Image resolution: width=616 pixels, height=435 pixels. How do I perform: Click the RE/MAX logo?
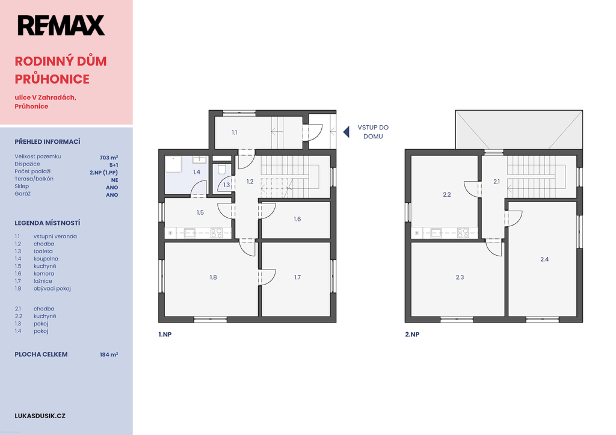(x=61, y=25)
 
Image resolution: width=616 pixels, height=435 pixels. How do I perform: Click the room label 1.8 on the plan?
(x=214, y=277)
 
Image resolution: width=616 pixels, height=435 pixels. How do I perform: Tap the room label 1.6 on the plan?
(x=297, y=219)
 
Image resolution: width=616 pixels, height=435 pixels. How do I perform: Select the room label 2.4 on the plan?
(x=544, y=259)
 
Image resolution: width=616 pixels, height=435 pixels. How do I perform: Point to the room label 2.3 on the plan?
(x=460, y=277)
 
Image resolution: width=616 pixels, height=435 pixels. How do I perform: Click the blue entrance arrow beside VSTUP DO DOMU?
(x=346, y=132)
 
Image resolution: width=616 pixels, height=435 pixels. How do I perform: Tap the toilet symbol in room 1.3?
(x=221, y=169)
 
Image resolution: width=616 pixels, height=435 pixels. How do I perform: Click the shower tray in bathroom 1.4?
(x=173, y=165)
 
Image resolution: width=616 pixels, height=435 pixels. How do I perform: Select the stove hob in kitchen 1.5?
(x=217, y=233)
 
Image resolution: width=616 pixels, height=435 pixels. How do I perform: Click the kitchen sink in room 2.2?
(x=436, y=233)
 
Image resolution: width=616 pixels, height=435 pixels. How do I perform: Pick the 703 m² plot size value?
(x=109, y=158)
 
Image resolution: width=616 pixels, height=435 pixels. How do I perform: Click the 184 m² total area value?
(x=109, y=354)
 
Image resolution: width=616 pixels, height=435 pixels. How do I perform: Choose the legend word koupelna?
(x=46, y=259)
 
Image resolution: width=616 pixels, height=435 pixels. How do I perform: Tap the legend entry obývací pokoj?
(x=52, y=288)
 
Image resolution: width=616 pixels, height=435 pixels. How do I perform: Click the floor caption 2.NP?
(x=412, y=335)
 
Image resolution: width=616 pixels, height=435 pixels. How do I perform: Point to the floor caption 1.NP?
(x=165, y=335)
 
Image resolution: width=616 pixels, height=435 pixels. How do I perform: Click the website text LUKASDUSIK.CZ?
(x=40, y=416)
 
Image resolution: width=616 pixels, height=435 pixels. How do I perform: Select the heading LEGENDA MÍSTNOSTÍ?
(x=48, y=223)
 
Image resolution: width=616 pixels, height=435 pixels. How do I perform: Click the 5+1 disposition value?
(x=114, y=165)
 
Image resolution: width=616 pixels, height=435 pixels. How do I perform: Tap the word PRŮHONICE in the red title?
(x=52, y=79)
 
